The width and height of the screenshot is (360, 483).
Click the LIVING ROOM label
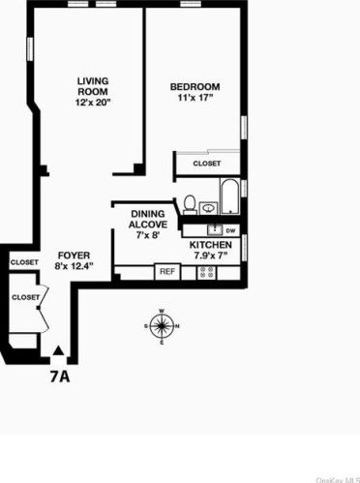coord(92,85)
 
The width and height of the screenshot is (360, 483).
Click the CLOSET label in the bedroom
coord(206,164)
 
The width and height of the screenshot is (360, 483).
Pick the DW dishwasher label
coord(230,231)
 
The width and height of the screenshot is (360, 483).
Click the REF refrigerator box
coord(165,272)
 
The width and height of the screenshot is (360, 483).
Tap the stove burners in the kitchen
coord(206,272)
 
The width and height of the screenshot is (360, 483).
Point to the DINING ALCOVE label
coord(148,218)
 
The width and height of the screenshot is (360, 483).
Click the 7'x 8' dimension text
coord(148,235)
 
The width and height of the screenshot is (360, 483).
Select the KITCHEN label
coord(209,246)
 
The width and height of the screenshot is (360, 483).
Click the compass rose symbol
coord(162,325)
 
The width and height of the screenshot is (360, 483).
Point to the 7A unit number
coord(60,376)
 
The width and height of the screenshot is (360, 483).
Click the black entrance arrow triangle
coord(60,353)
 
